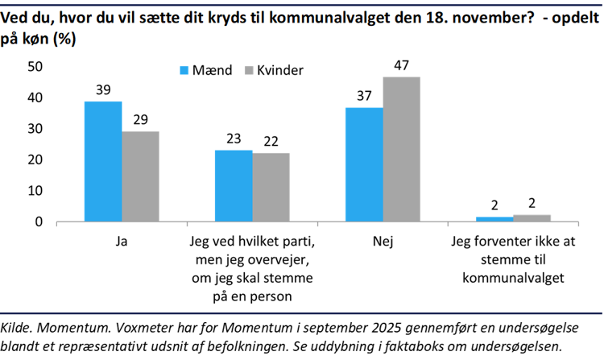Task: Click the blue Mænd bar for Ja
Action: click(x=103, y=161)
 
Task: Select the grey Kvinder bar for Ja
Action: click(x=140, y=176)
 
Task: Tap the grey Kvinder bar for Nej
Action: click(x=401, y=149)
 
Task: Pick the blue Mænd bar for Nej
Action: click(x=364, y=164)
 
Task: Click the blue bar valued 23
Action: click(x=234, y=186)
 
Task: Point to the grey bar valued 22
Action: click(x=271, y=188)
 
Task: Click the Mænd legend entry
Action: click(x=205, y=71)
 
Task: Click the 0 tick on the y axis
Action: click(x=38, y=221)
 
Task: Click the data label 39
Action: click(x=103, y=89)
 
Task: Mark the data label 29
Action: click(x=140, y=120)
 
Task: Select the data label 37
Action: click(x=364, y=96)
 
